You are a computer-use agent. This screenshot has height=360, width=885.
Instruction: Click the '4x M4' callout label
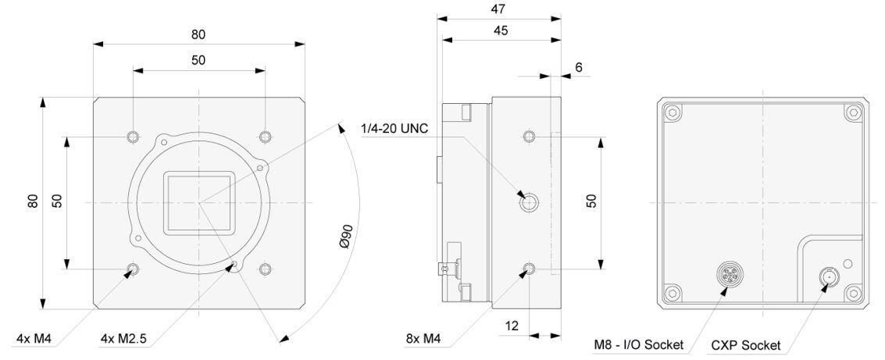[34, 340]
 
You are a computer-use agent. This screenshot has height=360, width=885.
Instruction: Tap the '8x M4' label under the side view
[423, 340]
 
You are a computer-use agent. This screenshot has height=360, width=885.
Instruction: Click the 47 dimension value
[498, 9]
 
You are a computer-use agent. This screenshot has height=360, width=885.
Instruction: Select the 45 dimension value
[498, 30]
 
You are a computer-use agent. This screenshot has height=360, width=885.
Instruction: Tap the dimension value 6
[578, 68]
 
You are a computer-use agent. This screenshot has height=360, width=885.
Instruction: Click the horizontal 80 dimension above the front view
[198, 34]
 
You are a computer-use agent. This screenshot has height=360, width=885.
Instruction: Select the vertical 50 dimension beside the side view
[591, 202]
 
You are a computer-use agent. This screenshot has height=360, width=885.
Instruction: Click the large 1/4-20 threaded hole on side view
[529, 203]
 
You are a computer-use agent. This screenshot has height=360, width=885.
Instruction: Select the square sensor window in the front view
[198, 203]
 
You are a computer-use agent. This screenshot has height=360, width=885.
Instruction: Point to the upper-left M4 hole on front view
[133, 137]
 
